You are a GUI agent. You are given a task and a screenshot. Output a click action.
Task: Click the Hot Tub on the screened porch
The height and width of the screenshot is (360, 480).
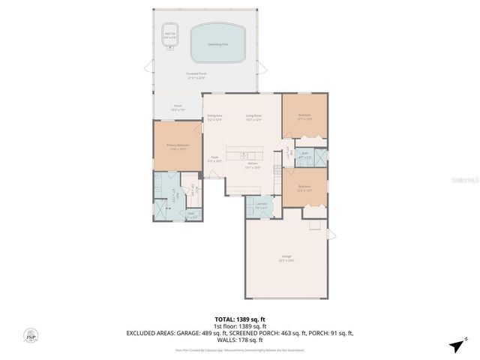tap(169, 34)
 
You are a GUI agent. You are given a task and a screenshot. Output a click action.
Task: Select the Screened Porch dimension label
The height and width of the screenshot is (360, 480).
tap(196, 75)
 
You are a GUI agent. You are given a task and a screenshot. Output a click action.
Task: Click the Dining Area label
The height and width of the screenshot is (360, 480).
tap(214, 118)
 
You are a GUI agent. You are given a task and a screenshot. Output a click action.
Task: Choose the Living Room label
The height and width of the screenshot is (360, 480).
tap(253, 118)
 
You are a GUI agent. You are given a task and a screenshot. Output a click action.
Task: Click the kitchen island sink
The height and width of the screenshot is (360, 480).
tap(244, 156)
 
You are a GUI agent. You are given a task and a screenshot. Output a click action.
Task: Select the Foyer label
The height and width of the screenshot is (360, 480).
tap(214, 159)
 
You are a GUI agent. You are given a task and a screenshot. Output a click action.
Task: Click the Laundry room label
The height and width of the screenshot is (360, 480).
tap(261, 205)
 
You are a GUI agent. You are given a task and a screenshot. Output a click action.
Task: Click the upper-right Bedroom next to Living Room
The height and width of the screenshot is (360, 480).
tap(304, 116)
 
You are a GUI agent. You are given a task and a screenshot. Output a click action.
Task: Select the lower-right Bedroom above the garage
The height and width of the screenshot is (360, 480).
tap(304, 187)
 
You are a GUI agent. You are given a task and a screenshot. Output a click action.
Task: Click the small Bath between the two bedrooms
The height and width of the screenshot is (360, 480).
tap(305, 157)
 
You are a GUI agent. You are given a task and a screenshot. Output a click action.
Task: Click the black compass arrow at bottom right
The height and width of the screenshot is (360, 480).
tap(455, 345)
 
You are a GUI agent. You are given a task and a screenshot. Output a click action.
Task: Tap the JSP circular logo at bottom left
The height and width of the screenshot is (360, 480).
tap(31, 336)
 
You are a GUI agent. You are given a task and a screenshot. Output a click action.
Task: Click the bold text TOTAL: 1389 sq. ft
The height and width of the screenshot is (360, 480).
tap(240, 319)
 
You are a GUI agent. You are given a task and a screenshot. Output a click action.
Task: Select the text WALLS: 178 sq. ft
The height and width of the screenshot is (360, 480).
tap(240, 340)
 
